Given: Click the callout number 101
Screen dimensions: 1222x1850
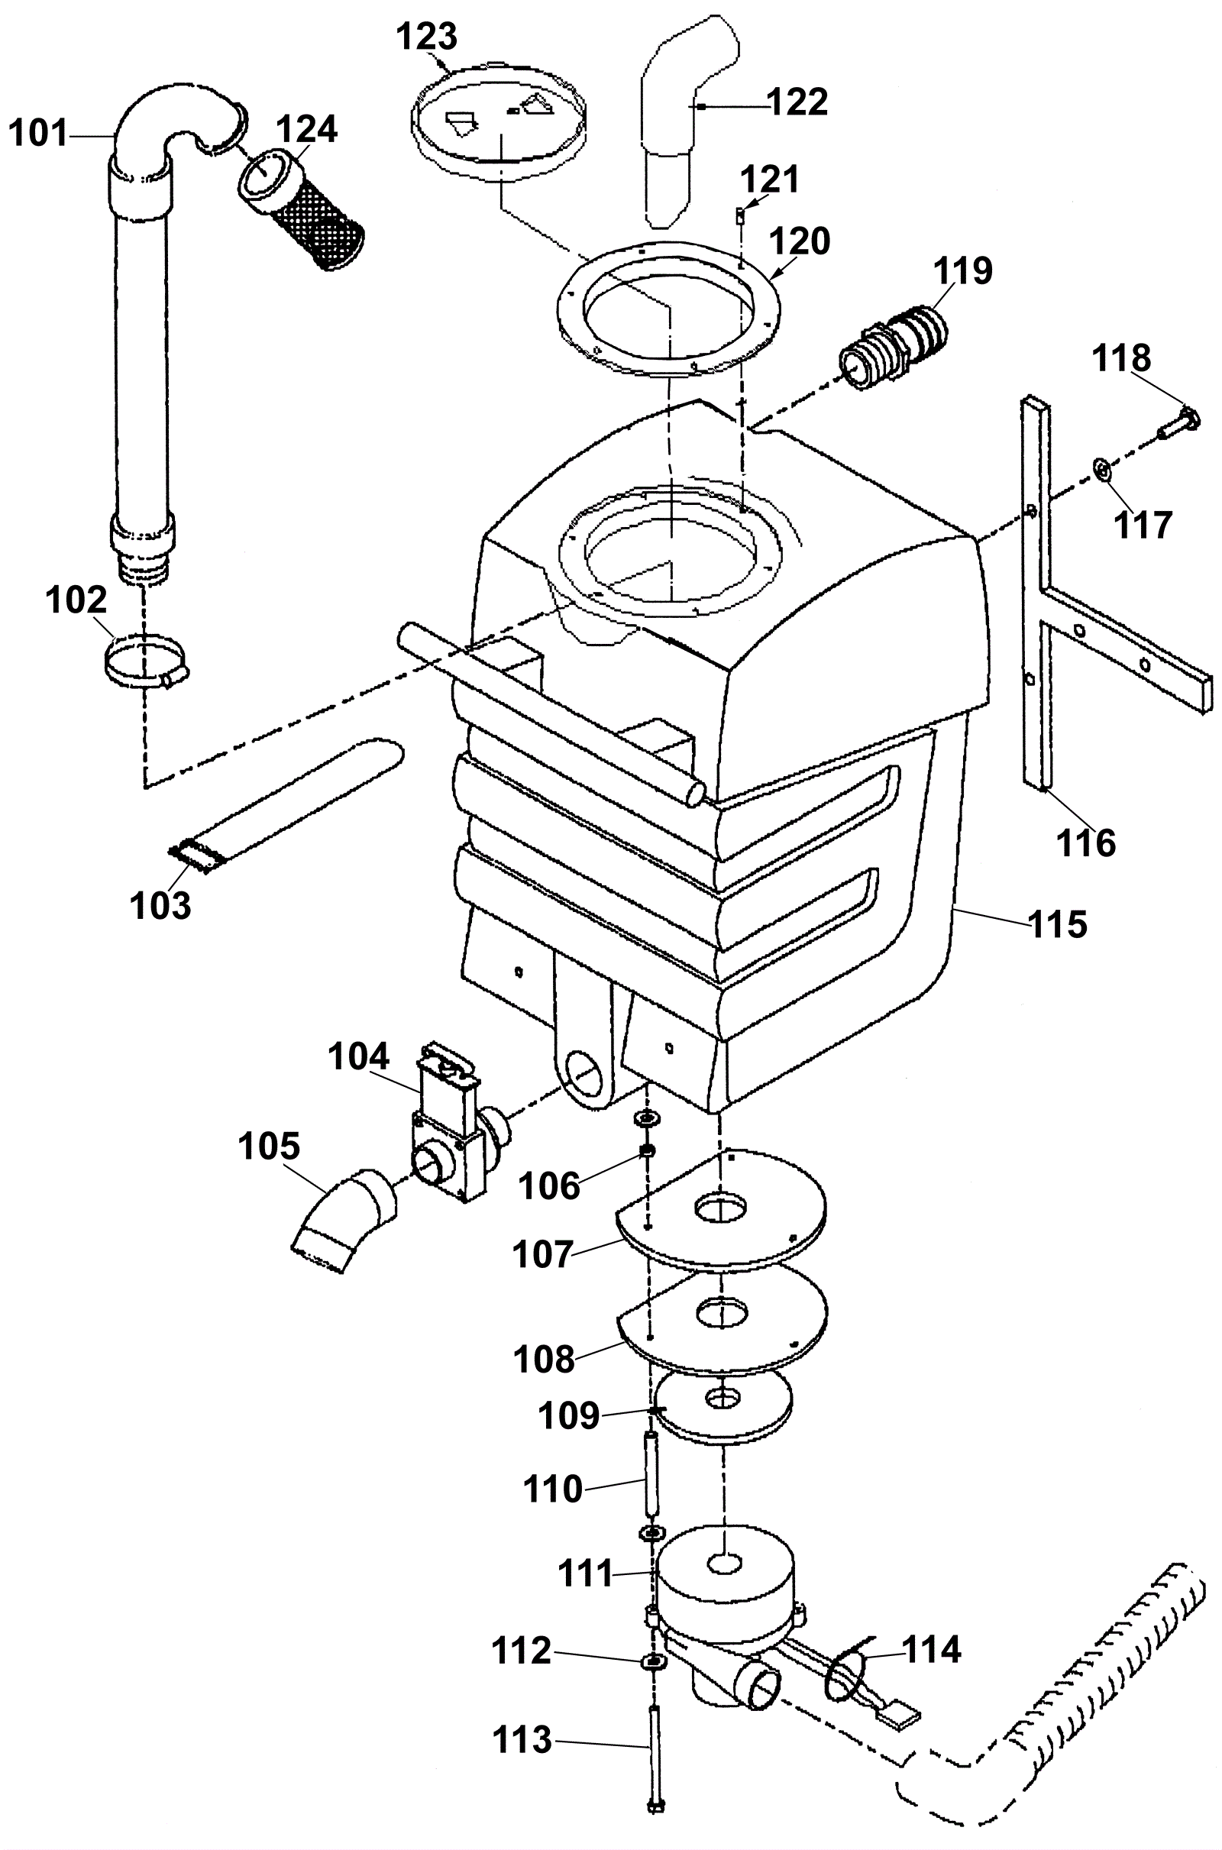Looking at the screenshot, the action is point(39,133).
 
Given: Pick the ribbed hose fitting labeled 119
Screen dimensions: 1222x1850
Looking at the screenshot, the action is point(894,344).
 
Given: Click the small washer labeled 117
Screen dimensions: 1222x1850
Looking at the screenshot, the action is point(1103,470).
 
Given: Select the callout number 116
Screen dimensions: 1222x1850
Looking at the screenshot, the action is point(1085,843).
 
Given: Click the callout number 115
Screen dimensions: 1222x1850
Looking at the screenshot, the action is point(1058,924).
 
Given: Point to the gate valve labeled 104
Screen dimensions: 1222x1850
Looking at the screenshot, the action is point(453,1125).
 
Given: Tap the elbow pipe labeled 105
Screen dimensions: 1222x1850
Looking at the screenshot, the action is point(343,1224).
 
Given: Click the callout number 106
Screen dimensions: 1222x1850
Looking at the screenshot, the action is point(549,1187).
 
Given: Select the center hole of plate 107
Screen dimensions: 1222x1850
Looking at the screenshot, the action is point(721,1208).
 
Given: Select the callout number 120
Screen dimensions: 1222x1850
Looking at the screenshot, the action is point(801,241).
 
